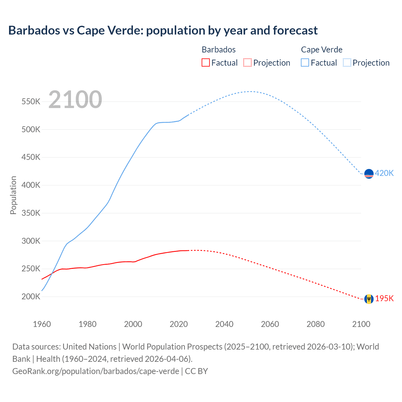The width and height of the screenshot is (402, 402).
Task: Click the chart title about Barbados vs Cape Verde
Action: pyautogui.click(x=163, y=30)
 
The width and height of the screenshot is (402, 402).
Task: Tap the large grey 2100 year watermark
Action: pyautogui.click(x=75, y=100)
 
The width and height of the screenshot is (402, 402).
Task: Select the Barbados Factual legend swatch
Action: pyautogui.click(x=205, y=62)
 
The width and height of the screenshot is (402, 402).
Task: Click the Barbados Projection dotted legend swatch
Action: pyautogui.click(x=247, y=62)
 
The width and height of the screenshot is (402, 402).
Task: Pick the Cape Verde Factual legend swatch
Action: pyautogui.click(x=305, y=62)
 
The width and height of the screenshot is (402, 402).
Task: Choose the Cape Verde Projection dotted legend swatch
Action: pyautogui.click(x=347, y=62)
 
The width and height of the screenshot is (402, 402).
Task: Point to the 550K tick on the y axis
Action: pyautogui.click(x=31, y=102)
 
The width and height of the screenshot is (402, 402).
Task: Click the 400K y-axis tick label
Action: pyautogui.click(x=31, y=185)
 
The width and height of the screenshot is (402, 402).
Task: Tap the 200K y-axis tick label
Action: pyautogui.click(x=31, y=297)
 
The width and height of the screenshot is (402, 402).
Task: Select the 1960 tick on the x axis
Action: pyautogui.click(x=42, y=324)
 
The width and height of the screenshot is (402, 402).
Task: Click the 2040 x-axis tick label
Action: pyautogui.click(x=224, y=324)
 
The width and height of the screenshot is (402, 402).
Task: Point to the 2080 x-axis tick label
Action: pyautogui.click(x=315, y=324)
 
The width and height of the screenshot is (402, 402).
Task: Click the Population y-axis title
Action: pyautogui.click(x=13, y=195)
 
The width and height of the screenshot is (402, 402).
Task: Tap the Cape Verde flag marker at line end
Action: pyautogui.click(x=369, y=174)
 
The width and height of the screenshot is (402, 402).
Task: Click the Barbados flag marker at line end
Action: pyautogui.click(x=369, y=299)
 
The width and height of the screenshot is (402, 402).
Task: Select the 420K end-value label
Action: pyautogui.click(x=384, y=173)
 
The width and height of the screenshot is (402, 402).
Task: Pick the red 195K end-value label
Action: pyautogui.click(x=384, y=298)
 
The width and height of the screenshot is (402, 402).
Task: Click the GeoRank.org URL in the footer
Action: pyautogui.click(x=96, y=371)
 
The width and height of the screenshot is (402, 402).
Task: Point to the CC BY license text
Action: pyautogui.click(x=196, y=371)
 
